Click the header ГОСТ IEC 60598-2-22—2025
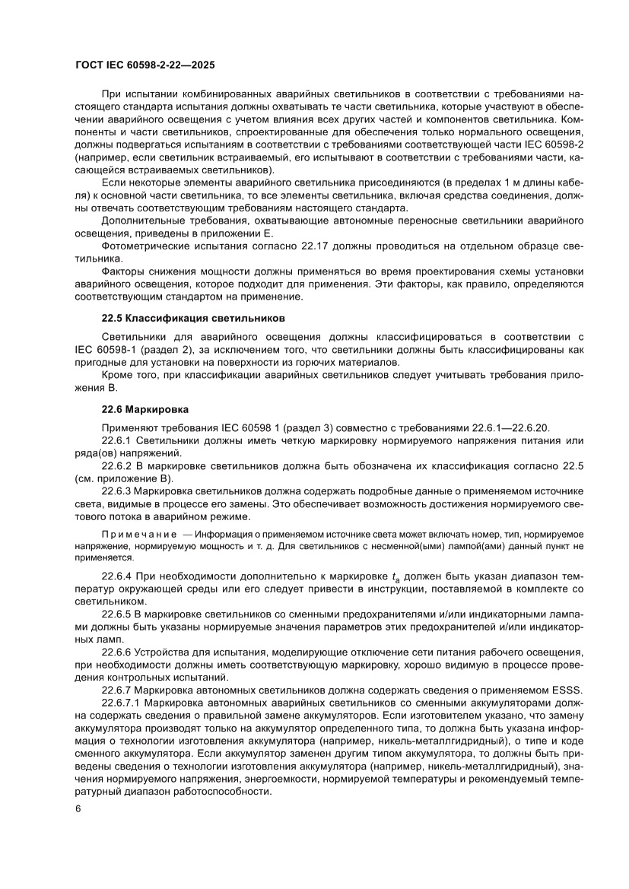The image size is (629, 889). tap(145, 65)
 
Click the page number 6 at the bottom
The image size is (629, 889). tap(78, 830)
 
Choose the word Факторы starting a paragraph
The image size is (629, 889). tap(122, 272)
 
